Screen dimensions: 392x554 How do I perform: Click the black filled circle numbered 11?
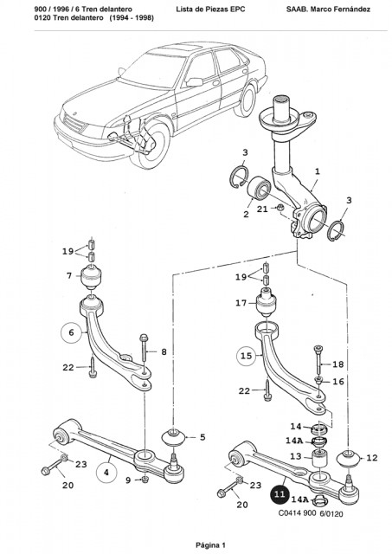pos(280,493)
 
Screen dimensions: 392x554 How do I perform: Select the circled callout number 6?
pos(71,332)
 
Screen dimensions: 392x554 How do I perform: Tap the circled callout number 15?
pos(246,356)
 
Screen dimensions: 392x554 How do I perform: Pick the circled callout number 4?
pos(106,472)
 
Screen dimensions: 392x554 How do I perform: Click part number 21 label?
pos(262,209)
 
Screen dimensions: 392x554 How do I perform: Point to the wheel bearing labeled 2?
pos(259,189)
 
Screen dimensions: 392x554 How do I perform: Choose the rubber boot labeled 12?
pos(348,459)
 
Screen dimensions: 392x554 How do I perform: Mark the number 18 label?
pos(338,364)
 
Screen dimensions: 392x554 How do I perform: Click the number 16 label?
pos(338,381)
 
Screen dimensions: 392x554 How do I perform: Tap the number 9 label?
pos(128,480)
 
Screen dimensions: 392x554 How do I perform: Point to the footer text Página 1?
pos(210,544)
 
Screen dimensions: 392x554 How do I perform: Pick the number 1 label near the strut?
pos(317,171)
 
